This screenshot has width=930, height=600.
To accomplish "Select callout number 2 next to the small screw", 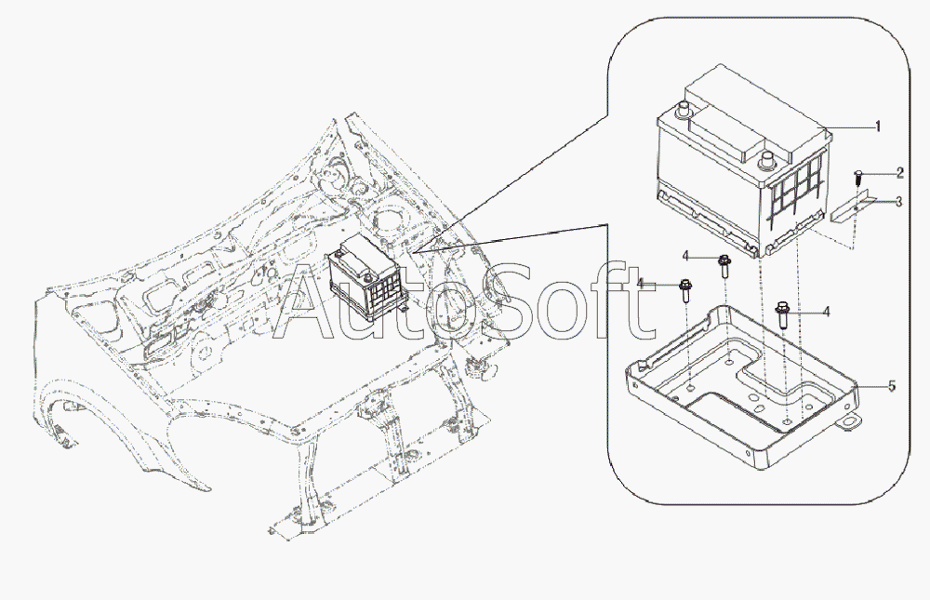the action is [x=900, y=173].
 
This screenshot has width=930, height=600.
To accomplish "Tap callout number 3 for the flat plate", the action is [x=900, y=202].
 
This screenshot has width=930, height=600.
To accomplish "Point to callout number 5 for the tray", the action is [x=892, y=386].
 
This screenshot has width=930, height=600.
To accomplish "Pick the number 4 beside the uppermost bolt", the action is [x=685, y=255].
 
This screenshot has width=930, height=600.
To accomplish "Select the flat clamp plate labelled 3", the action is [x=848, y=206].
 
